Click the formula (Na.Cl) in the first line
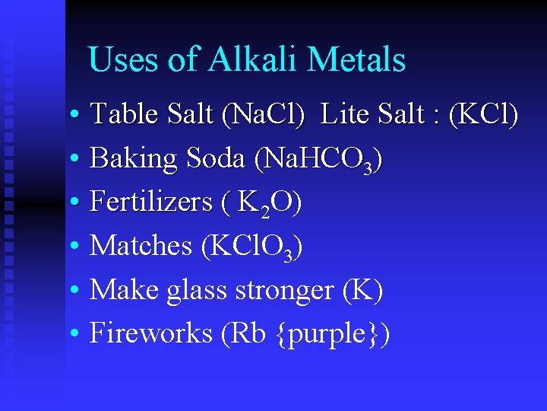click(263, 116)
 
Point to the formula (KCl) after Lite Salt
click(484, 116)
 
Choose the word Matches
click(141, 246)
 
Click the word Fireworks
click(150, 333)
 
